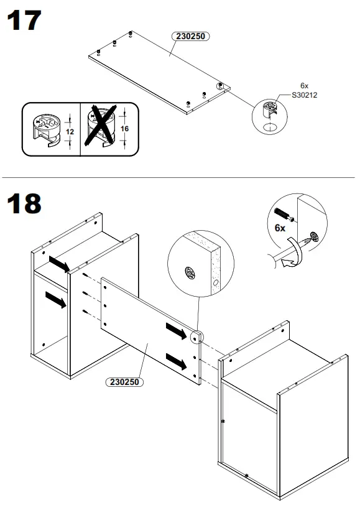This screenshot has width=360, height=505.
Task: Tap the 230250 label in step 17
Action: click(190, 37)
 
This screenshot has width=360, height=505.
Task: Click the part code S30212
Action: click(304, 96)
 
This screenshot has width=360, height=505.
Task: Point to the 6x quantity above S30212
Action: click(304, 85)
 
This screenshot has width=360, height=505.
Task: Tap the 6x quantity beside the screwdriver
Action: click(279, 228)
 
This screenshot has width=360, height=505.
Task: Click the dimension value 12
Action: click(70, 132)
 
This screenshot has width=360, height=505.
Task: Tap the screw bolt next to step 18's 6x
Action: click(284, 215)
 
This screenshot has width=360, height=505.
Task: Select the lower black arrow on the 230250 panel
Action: click(176, 361)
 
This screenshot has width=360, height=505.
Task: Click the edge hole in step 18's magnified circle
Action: click(215, 283)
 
